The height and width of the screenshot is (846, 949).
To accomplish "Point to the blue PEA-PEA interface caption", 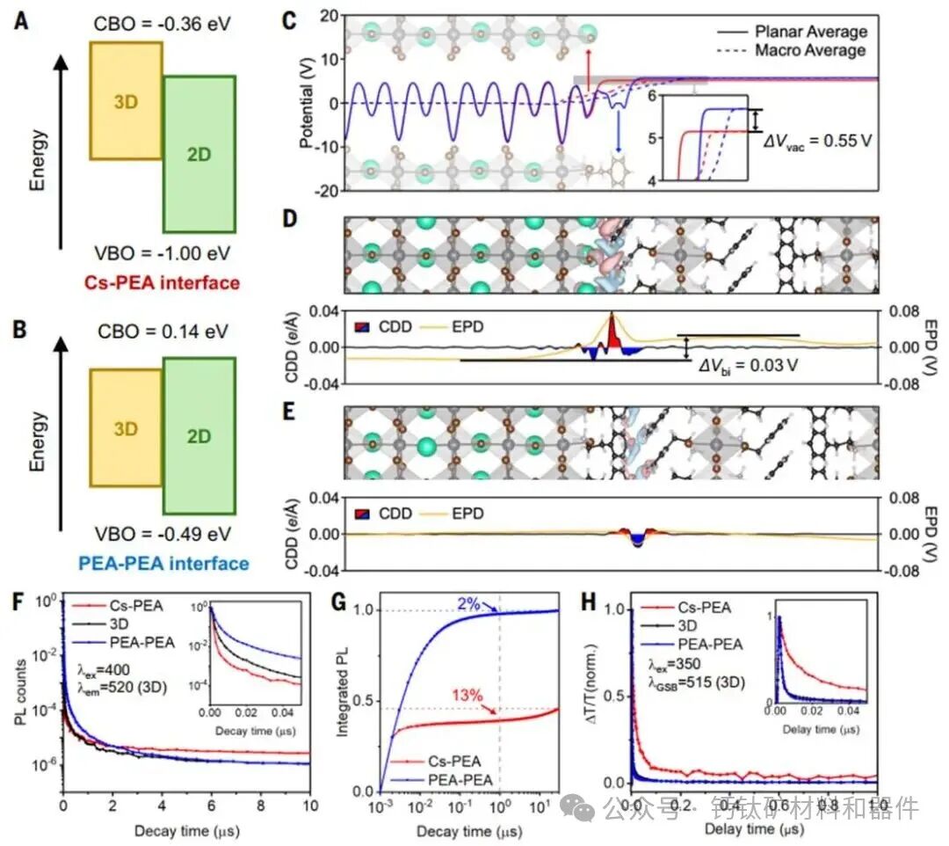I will [x=167, y=563].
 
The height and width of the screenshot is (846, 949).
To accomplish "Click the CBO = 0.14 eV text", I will [x=163, y=332].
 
